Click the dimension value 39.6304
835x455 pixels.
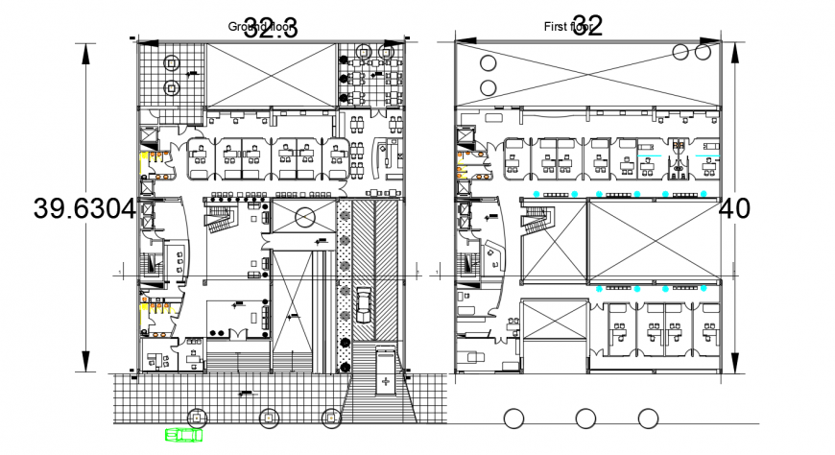[x=83, y=208]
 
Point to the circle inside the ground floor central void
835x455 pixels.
[x=303, y=217]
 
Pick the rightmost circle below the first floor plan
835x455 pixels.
[x=649, y=418]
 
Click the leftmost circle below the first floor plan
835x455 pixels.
[x=513, y=418]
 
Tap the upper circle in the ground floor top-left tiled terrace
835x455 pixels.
[x=172, y=65]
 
